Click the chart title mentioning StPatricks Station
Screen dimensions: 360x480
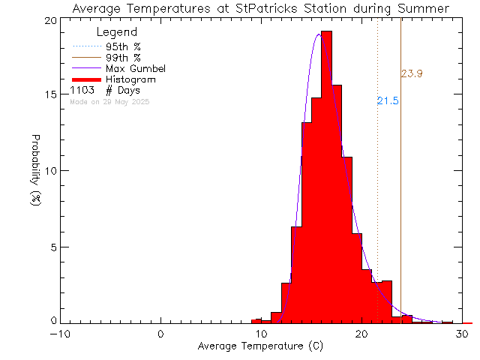(260, 8)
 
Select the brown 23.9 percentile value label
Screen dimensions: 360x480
(412, 73)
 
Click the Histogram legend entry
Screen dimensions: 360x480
(130, 79)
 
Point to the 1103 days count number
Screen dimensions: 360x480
(82, 90)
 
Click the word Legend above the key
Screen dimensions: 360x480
(117, 32)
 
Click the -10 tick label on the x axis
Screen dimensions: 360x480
(61, 334)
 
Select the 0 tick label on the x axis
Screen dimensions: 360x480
(161, 334)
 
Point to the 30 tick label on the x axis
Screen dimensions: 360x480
(463, 334)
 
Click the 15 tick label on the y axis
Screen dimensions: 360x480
(49, 94)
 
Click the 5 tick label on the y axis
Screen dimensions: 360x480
(52, 247)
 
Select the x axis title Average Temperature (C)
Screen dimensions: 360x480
(260, 346)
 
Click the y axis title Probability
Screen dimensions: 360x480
(35, 171)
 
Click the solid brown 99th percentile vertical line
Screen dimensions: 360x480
(401, 187)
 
